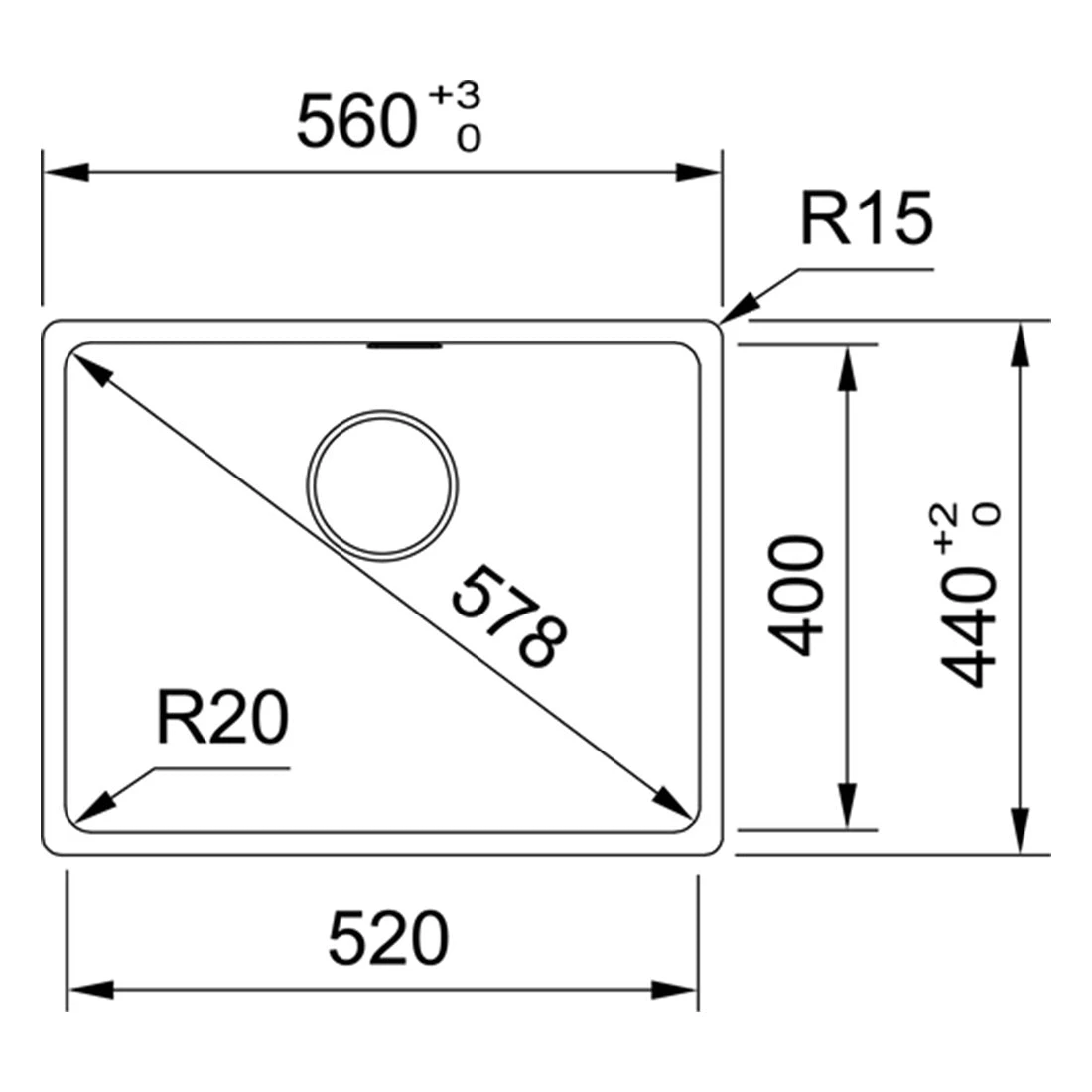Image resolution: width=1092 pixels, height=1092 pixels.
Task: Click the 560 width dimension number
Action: [356, 122]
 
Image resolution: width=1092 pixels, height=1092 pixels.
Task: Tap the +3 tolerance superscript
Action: [455, 95]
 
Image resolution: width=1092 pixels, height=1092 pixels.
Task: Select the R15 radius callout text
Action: [867, 218]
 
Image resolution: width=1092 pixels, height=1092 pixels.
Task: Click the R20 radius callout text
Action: [222, 717]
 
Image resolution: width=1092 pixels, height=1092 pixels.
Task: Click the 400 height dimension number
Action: [795, 596]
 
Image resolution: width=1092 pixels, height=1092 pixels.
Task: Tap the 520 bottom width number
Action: [388, 939]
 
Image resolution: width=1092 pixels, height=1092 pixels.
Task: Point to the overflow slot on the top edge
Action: [405, 345]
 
